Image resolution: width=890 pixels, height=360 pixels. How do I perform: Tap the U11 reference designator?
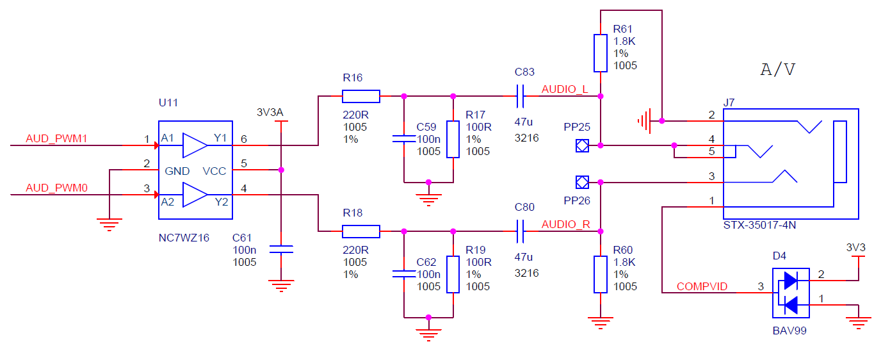point(168,102)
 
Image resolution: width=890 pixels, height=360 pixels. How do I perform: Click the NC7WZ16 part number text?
point(184,238)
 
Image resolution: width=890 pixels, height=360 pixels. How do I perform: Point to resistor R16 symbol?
point(361,97)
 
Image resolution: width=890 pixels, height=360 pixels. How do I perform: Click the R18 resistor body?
point(361,231)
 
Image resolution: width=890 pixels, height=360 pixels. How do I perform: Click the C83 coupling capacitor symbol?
point(521,97)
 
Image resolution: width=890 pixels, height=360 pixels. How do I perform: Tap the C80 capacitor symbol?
point(521,231)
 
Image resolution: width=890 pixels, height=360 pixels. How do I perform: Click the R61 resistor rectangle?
point(600,53)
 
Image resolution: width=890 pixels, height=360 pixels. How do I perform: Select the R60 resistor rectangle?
point(600,274)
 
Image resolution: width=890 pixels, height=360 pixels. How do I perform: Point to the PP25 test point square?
point(582,145)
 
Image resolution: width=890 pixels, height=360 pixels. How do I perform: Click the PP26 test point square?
point(582,183)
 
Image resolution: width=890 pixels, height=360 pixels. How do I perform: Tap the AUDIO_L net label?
point(565,89)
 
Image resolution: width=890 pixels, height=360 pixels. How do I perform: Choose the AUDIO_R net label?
point(565,224)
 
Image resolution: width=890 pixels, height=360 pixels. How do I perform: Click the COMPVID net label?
point(702,286)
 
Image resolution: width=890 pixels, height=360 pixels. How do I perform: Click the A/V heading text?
point(778,69)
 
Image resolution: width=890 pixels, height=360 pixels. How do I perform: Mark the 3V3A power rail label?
point(270,113)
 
